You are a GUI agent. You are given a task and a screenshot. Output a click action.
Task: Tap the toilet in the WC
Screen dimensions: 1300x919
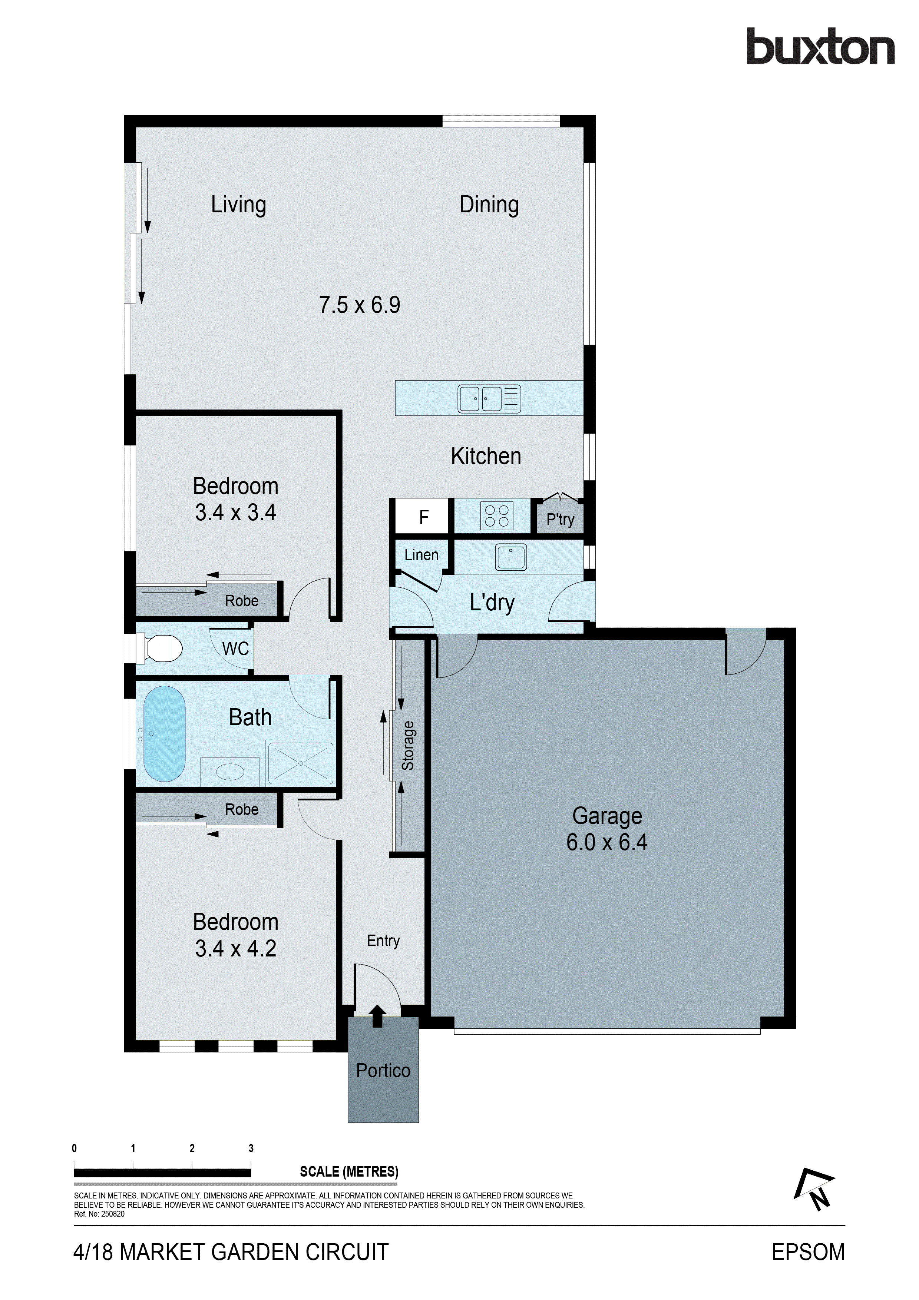click(163, 648)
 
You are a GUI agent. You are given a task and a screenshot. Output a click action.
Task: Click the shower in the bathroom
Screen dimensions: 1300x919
click(300, 763)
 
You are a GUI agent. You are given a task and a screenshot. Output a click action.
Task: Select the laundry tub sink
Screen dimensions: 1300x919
click(511, 557)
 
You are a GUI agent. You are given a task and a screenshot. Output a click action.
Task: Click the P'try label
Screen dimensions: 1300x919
click(560, 519)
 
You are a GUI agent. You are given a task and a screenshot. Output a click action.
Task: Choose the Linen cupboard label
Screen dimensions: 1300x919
click(421, 555)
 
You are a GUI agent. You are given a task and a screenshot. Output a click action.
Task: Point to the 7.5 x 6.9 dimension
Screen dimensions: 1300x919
click(360, 305)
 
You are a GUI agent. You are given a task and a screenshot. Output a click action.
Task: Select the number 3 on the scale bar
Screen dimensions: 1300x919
click(251, 1148)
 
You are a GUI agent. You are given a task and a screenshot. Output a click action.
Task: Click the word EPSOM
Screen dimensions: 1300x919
click(808, 1252)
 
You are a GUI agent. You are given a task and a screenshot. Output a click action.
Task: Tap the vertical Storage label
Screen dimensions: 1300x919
click(408, 745)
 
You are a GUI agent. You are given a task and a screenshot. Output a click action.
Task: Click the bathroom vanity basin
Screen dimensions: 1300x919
click(230, 772)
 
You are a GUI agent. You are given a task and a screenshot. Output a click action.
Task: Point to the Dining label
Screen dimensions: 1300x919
click(489, 205)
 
